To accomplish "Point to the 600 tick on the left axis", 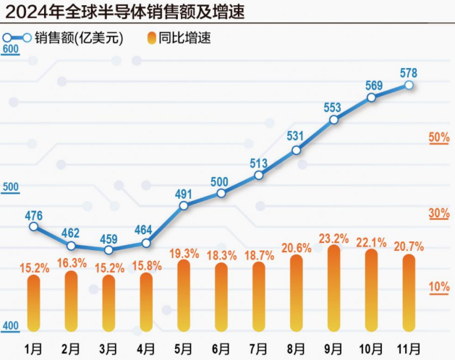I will pos(10,49).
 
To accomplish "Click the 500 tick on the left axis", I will pos(10,188).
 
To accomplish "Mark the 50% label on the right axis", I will pos(439,137).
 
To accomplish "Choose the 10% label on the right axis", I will pos(439,287).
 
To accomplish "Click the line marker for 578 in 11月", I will pos(409,85).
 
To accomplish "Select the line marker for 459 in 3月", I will pos(109,250).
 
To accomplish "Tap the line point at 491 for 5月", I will pos(184,205).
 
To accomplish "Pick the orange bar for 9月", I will pos(333,289).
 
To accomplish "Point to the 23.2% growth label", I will pos(333,237).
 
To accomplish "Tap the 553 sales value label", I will pos(332,108).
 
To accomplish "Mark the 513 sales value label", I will pos(258,163).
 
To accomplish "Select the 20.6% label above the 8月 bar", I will pos(296,247).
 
